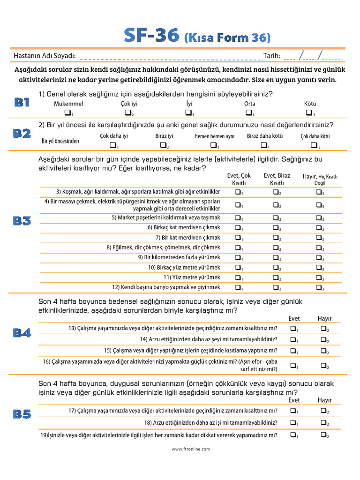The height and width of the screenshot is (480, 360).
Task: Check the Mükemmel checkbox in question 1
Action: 67,112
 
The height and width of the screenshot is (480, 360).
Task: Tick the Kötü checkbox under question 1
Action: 309,112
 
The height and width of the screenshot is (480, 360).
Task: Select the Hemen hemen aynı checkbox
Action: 213,145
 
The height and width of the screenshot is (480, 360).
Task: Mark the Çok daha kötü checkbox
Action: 314,145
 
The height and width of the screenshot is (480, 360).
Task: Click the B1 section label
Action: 22,102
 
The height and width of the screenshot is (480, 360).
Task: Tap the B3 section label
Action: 22,221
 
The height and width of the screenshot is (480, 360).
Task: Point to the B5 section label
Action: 22,414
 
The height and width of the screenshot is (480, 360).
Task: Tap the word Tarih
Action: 271,56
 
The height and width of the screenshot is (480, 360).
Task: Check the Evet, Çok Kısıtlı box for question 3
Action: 238,192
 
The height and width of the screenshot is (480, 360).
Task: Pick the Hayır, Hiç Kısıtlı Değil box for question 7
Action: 319,237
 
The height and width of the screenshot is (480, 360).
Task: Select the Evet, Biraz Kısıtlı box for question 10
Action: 276,267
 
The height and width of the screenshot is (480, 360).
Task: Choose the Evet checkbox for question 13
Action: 293,329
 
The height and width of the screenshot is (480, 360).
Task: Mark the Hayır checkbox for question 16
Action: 323,365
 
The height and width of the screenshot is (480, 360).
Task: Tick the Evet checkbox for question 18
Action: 293,422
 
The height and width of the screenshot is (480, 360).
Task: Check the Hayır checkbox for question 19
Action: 323,435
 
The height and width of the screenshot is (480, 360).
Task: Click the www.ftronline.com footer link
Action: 191,449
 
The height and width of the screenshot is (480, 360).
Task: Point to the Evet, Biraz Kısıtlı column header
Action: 277,179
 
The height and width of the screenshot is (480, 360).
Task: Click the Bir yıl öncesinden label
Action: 60,141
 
